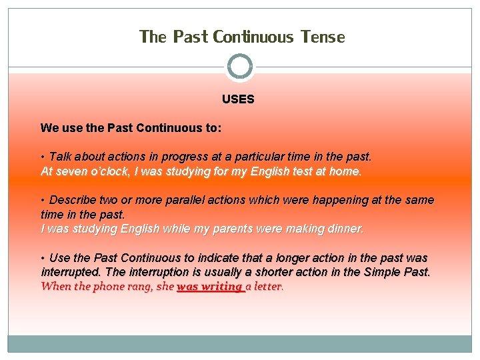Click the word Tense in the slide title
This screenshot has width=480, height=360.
pyautogui.click(x=323, y=37)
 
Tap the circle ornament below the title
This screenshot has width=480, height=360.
pyautogui.click(x=240, y=66)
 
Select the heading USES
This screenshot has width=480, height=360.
pyautogui.click(x=238, y=99)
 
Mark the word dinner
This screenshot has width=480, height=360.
pyautogui.click(x=343, y=229)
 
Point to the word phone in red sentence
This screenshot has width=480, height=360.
pyautogui.click(x=111, y=287)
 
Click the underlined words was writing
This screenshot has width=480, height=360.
pyautogui.click(x=210, y=287)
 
